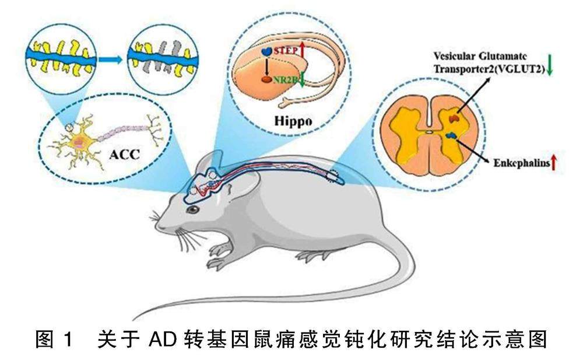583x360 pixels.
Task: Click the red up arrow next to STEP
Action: [303, 53]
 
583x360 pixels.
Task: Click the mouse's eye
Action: [192, 209]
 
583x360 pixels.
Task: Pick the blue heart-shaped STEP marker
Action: [266, 52]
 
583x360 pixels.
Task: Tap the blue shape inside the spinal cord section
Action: [449, 135]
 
